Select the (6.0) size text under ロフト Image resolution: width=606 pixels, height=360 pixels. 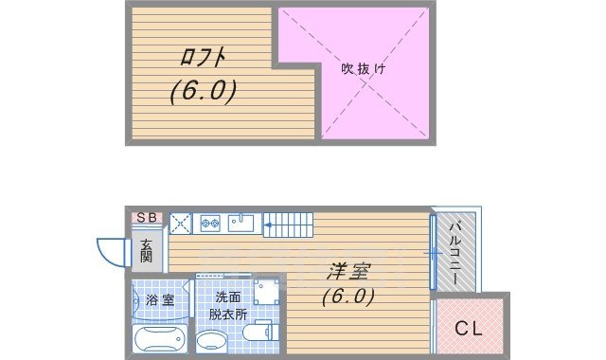tap(203, 92)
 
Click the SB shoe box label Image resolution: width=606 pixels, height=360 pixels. tap(148, 217)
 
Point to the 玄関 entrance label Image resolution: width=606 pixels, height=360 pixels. tap(148, 251)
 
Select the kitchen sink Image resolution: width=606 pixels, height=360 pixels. tap(240, 225)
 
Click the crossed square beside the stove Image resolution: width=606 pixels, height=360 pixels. tap(181, 225)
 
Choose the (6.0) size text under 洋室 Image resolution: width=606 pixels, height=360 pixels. tap(348, 296)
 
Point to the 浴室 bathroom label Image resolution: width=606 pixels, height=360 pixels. tap(160, 300)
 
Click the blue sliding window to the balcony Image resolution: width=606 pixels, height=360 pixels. tap(433, 253)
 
